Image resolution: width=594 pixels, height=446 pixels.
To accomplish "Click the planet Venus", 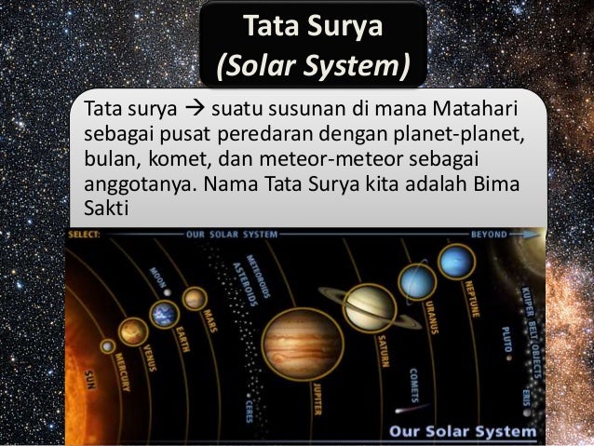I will click(x=133, y=331).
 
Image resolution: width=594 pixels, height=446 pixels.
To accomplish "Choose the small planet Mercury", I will click(x=108, y=346).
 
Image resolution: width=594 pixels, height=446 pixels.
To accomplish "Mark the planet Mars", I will click(x=195, y=298).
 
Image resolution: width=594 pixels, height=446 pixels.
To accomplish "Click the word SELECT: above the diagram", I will click(x=88, y=235).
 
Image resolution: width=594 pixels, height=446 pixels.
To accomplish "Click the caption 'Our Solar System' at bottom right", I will click(x=462, y=431).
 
